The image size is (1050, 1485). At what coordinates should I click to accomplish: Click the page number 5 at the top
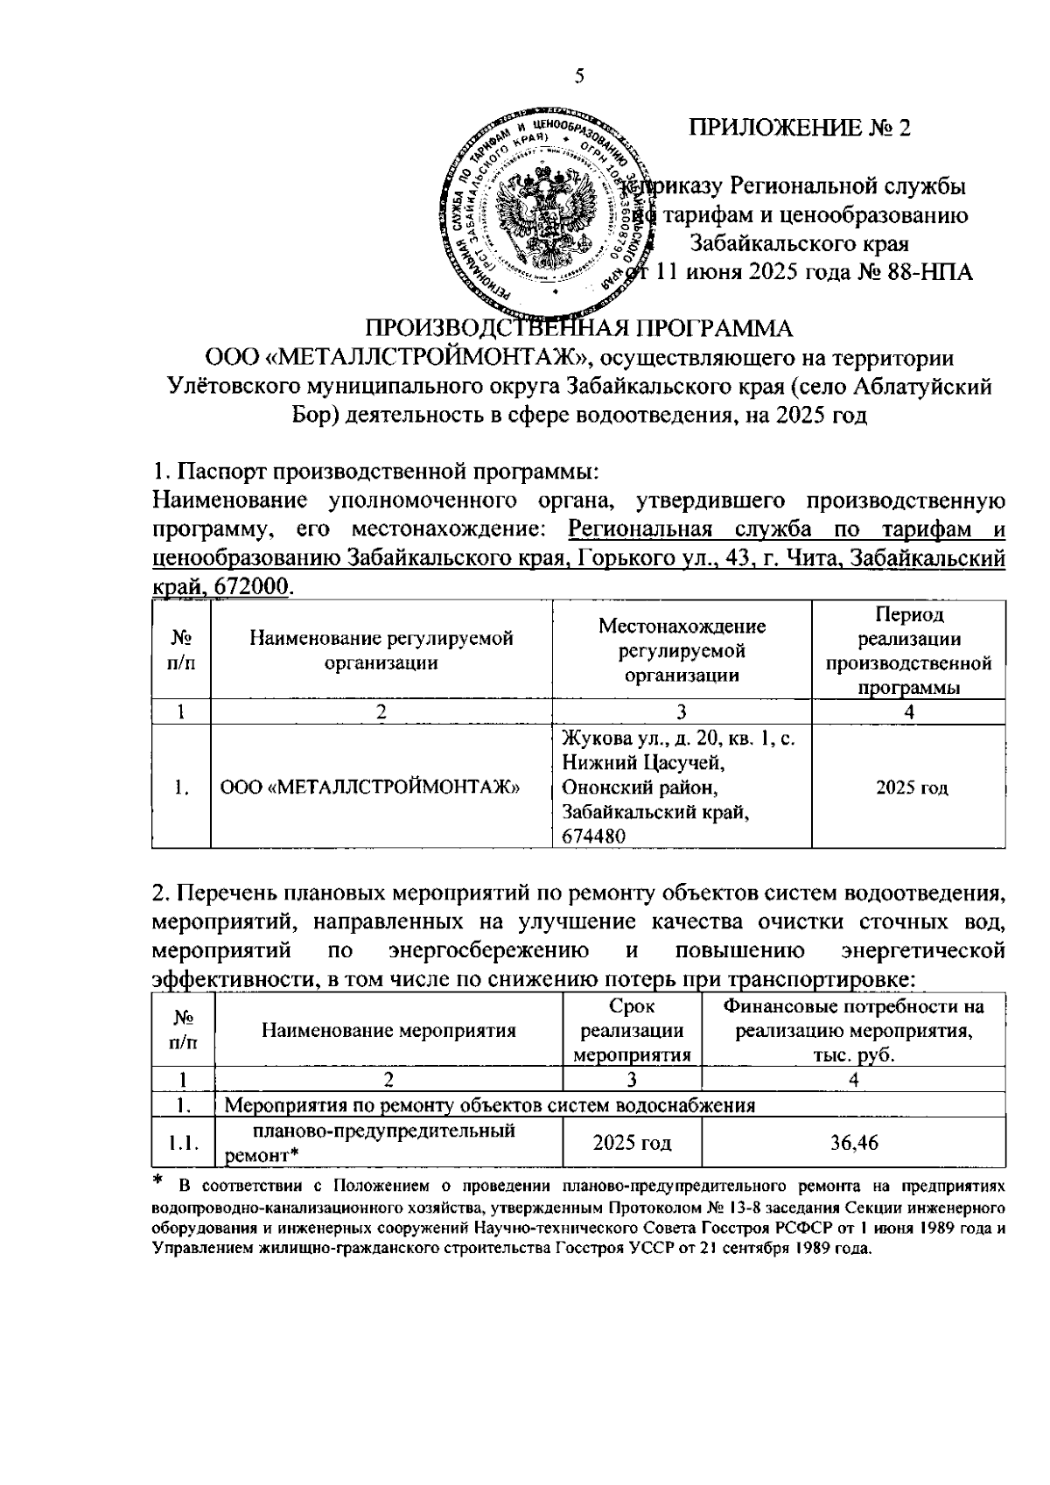click(578, 76)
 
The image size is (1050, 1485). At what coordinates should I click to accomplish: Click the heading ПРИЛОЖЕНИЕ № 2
click(800, 128)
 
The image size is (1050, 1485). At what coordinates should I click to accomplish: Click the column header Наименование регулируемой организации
click(381, 650)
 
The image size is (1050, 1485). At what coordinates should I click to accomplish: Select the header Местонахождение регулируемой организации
click(682, 650)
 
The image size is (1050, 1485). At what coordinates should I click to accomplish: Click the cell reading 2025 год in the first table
click(912, 788)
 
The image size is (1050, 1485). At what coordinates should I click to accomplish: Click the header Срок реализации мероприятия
click(632, 1030)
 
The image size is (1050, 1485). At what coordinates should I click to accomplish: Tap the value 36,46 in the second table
click(854, 1143)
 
